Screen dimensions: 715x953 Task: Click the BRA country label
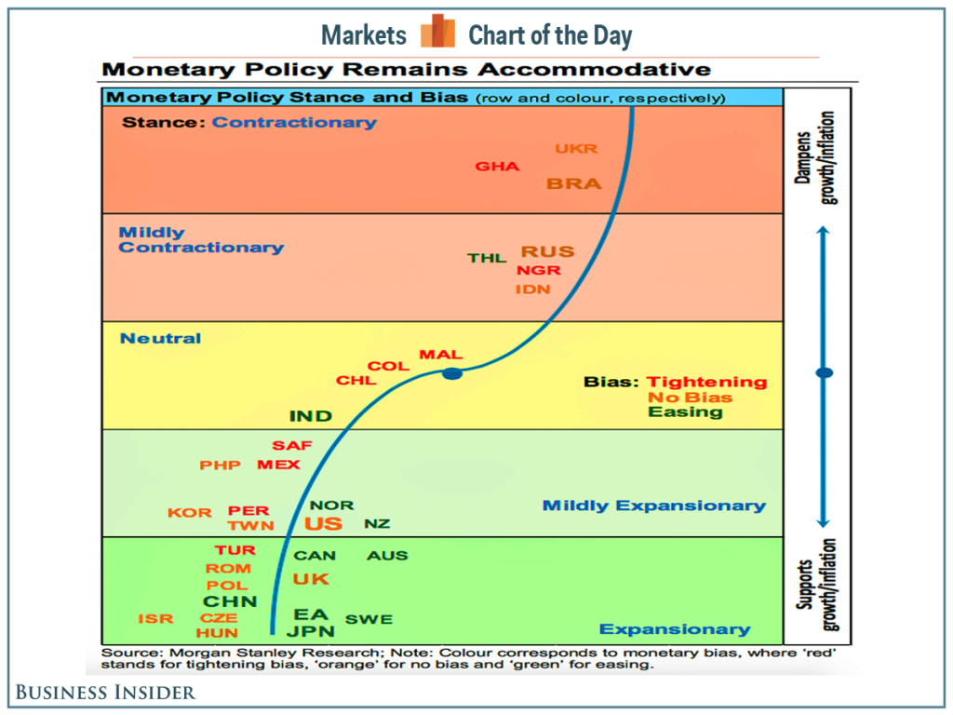(574, 183)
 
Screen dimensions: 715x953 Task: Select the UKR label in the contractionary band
(576, 148)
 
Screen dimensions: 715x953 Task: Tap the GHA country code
(497, 167)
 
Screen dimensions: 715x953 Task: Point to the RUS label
(547, 251)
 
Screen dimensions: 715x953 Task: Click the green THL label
(487, 258)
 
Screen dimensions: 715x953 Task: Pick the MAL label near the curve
(440, 355)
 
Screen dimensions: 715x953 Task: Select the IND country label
(311, 416)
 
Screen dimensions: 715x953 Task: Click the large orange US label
(323, 523)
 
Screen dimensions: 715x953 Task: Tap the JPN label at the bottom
(311, 631)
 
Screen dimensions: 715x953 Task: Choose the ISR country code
(155, 618)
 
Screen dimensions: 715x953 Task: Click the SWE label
(369, 619)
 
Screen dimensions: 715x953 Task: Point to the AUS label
(387, 556)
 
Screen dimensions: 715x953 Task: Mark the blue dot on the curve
(452, 373)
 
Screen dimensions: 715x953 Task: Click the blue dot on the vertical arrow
(824, 373)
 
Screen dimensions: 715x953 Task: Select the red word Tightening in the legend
(707, 382)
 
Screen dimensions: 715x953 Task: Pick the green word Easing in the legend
(686, 411)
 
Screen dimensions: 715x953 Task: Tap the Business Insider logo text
(104, 692)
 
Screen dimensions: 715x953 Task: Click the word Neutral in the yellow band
(160, 338)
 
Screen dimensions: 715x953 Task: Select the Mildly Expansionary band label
(653, 506)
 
